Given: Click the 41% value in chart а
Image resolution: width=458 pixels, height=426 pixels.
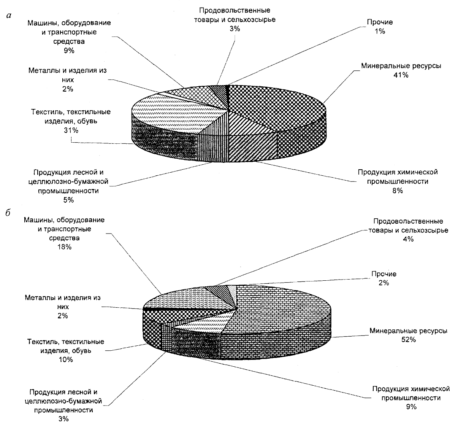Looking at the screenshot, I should coord(401,75).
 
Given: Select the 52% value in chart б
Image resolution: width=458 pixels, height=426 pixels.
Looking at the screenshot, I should coord(409,340).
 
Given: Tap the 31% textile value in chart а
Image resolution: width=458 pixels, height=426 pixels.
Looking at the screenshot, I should coord(71,130).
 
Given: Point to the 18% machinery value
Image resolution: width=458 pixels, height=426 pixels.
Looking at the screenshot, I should coord(64,247).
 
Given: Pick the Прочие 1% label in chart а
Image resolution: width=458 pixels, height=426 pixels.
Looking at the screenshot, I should coord(379,27).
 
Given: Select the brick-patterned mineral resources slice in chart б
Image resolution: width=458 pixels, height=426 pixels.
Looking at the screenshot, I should coord(281,312).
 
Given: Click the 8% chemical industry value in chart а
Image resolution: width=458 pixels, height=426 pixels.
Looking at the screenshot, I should coord(398,191).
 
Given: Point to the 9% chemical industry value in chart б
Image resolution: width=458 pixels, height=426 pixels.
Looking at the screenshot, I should coord(411,407).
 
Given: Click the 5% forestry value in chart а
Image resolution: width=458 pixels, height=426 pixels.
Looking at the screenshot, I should coord(68,200).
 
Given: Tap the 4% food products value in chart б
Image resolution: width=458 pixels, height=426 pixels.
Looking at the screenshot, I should coord(409,239).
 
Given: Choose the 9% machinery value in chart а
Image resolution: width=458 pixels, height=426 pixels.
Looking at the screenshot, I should coord(69,51).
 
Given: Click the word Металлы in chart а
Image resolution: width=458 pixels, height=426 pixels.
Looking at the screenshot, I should coord(43,71).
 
